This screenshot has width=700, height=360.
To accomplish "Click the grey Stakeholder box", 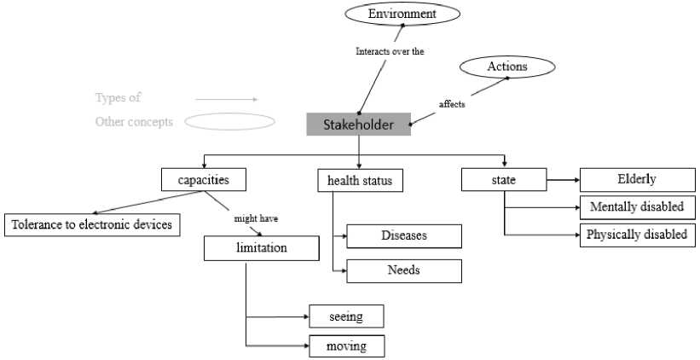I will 358,125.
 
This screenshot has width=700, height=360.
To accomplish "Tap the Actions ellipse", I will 506,67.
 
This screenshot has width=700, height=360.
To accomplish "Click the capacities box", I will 204,179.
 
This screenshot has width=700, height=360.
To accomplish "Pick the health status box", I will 359,181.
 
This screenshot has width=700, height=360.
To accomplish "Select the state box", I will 503,180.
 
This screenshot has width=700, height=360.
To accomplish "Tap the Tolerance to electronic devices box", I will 92,225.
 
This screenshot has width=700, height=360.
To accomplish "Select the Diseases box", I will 404,235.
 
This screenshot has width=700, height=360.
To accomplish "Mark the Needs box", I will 404,270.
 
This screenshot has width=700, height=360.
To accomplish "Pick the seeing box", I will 346,316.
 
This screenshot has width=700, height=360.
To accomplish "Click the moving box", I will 346,345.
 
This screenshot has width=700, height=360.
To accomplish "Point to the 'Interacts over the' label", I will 390,51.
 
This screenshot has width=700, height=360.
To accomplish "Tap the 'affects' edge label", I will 452,104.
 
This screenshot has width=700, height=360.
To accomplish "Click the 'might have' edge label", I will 256,218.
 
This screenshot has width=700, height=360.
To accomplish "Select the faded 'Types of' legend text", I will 118,98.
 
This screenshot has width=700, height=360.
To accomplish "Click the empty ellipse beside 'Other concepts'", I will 229,122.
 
